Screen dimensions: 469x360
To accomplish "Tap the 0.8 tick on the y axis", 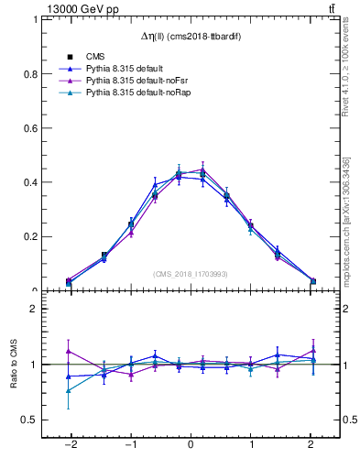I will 32,73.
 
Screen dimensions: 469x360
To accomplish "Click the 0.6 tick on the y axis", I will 32,127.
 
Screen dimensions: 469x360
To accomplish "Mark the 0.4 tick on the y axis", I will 32,181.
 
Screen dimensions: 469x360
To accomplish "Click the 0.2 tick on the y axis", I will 32,235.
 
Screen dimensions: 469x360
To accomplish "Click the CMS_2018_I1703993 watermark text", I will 190,274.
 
